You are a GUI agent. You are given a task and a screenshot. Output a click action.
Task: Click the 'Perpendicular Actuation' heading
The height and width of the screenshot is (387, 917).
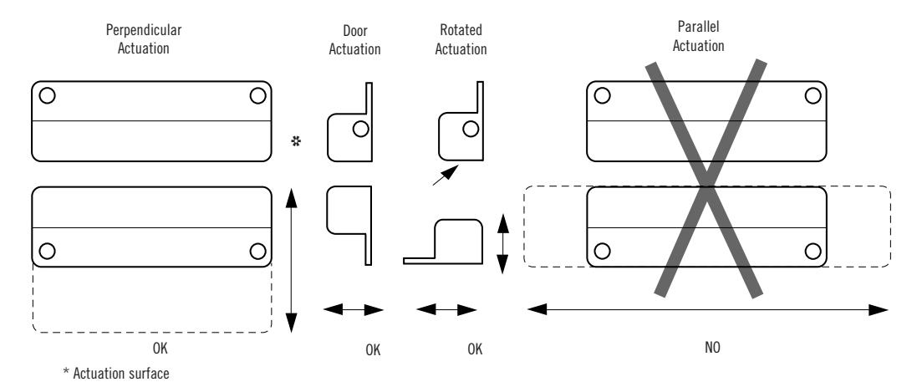(x=143, y=38)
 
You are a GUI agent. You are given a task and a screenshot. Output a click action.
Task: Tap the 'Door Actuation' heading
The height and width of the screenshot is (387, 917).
(x=354, y=40)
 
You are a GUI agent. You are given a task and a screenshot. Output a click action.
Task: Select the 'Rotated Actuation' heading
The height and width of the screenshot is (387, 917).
(x=461, y=40)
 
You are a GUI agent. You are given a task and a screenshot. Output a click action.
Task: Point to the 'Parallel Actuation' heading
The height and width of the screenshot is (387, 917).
(x=698, y=36)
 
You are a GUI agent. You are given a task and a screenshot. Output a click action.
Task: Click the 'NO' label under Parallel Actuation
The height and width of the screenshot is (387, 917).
(x=712, y=347)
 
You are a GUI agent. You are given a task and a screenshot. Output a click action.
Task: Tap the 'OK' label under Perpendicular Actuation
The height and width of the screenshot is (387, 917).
(x=160, y=349)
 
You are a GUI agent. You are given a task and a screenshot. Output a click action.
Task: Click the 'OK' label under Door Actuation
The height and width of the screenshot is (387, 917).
(x=373, y=350)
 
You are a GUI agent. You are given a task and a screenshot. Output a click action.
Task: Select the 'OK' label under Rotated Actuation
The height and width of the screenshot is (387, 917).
(x=475, y=349)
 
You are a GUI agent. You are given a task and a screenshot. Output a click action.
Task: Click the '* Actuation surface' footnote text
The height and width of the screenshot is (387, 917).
(x=116, y=373)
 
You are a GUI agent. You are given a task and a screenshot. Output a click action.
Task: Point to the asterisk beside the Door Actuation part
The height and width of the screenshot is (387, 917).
(x=296, y=141)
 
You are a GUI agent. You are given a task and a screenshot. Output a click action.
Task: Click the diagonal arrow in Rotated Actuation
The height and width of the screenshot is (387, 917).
(x=446, y=175)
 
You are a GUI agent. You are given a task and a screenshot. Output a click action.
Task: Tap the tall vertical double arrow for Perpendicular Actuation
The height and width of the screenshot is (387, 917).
(x=291, y=261)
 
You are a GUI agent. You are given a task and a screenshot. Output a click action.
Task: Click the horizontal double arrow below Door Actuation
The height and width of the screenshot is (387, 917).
(x=354, y=310)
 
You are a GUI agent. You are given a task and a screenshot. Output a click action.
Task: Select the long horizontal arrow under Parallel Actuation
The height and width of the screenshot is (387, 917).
(x=708, y=310)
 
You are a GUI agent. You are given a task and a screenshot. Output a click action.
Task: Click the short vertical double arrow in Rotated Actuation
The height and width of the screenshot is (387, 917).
(x=502, y=244)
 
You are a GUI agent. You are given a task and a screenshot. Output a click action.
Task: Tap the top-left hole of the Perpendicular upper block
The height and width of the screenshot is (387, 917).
(x=47, y=95)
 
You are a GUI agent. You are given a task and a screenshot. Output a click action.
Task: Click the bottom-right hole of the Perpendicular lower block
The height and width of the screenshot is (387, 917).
(x=257, y=252)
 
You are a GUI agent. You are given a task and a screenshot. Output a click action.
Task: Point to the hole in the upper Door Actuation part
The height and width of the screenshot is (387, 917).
(x=361, y=129)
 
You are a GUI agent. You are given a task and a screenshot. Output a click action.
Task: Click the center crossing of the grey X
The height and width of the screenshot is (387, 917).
(x=707, y=178)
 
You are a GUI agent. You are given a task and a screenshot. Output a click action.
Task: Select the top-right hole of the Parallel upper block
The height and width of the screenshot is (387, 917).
(x=813, y=95)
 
